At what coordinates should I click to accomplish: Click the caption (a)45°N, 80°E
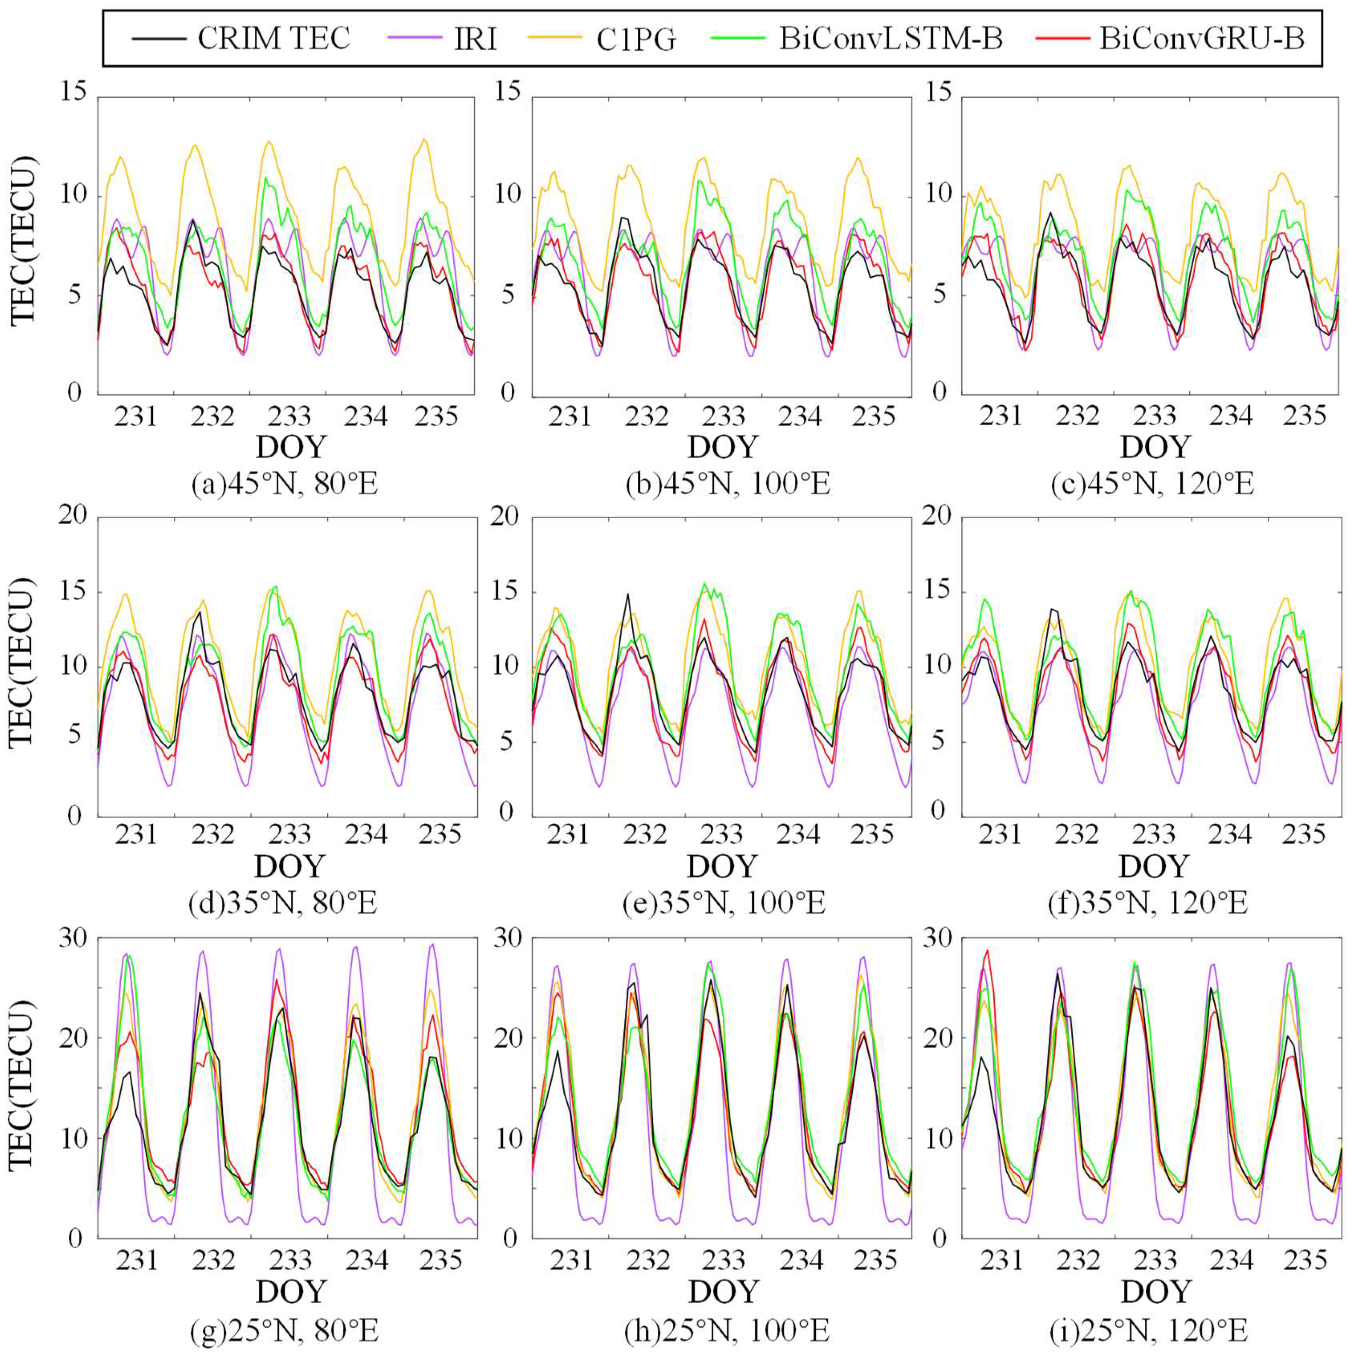(285, 484)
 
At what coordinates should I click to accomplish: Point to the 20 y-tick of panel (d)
(72, 517)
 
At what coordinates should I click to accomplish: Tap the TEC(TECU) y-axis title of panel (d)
(23, 664)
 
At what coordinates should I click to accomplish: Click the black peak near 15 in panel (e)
(627, 594)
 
